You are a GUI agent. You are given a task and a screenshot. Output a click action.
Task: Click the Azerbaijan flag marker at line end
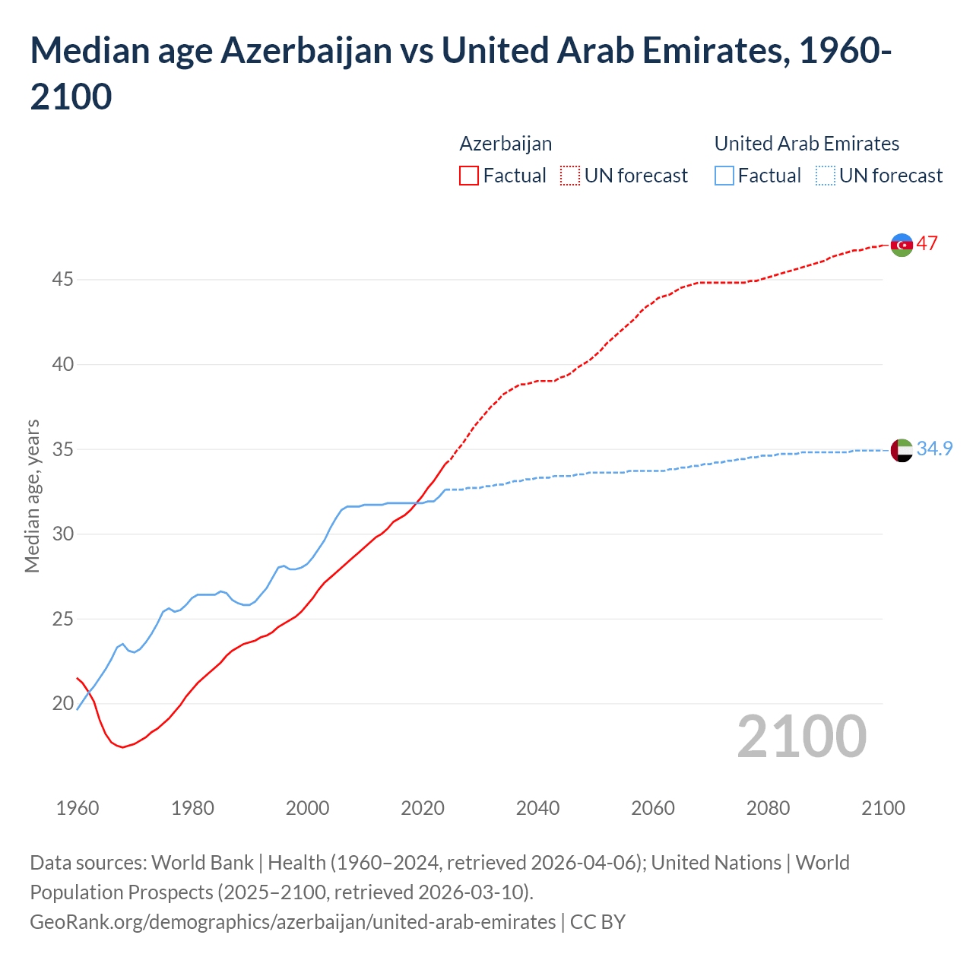[902, 245]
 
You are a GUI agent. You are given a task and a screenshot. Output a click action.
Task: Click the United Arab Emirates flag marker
[902, 450]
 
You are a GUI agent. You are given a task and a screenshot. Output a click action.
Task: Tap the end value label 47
[927, 244]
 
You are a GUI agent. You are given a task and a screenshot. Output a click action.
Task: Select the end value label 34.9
[934, 449]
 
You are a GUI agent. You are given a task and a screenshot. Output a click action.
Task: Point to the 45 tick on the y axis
[62, 280]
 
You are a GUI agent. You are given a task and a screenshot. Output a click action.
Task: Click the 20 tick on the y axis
[62, 704]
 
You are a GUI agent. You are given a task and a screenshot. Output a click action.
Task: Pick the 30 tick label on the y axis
[62, 534]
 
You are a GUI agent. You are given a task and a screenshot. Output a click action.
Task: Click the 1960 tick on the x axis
[78, 808]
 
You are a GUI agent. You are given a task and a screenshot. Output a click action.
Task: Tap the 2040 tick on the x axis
[537, 808]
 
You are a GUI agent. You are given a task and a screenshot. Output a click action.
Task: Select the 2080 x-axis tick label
[768, 808]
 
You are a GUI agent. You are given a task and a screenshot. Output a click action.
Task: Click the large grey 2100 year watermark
[801, 736]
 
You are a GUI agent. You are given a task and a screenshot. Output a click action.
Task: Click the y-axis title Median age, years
[32, 496]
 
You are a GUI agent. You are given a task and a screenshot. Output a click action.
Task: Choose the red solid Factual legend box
[469, 176]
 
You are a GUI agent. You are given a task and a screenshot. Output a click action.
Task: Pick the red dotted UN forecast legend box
[570, 176]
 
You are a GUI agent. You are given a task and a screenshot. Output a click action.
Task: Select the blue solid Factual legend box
[724, 176]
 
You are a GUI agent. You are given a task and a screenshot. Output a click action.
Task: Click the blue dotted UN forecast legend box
[825, 176]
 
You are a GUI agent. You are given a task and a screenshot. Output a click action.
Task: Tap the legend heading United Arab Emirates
[807, 144]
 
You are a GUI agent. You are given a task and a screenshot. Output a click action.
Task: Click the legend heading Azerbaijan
[506, 144]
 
